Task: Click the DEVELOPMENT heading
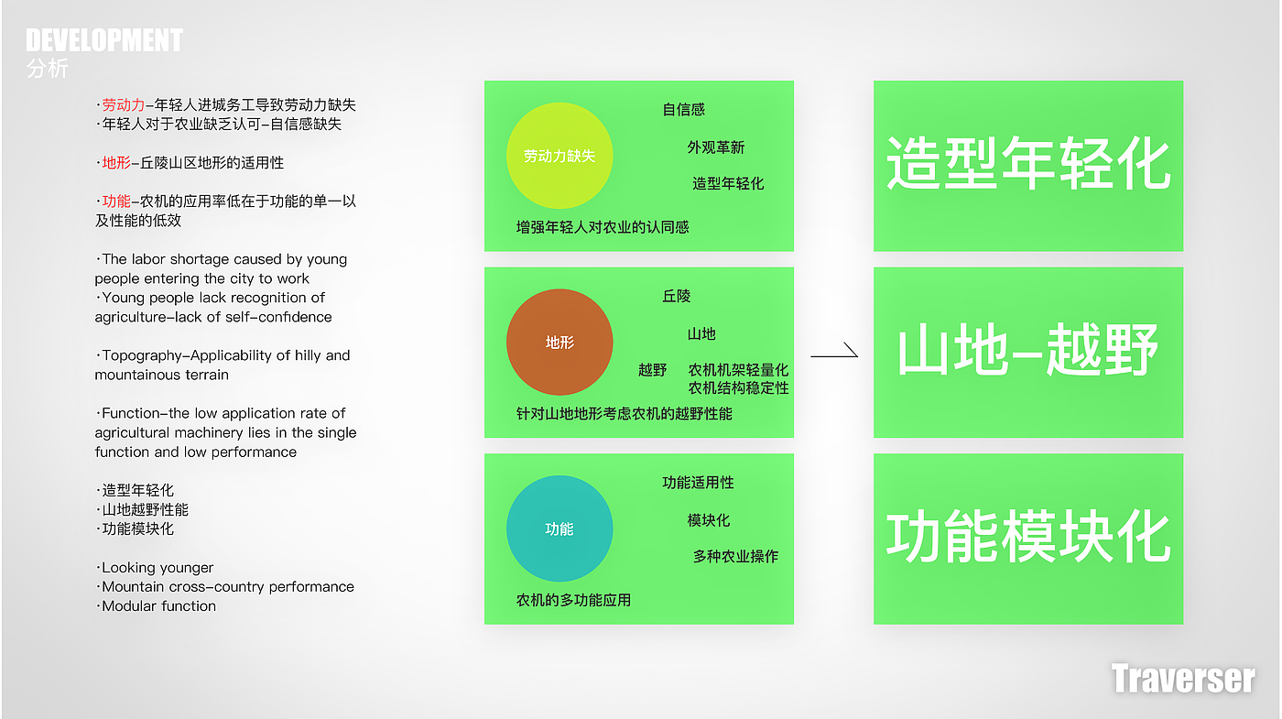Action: [x=104, y=40]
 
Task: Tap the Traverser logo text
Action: [x=1182, y=679]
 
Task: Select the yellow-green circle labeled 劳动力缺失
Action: [x=560, y=156]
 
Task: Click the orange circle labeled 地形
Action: [x=560, y=343]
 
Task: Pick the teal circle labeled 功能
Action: [x=560, y=528]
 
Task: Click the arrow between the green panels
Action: [x=834, y=352]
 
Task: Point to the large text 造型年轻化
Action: [x=1027, y=165]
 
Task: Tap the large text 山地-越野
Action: [x=1027, y=352]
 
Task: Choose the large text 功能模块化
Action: [x=1027, y=538]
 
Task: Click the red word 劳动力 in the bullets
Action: [x=124, y=105]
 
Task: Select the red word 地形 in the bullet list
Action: [x=116, y=163]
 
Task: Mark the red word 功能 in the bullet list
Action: [x=116, y=202]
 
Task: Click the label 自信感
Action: [x=684, y=110]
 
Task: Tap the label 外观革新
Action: [x=716, y=147]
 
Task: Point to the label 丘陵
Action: [x=677, y=297]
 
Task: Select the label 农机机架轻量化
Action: [x=738, y=370]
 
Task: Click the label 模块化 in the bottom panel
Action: [x=709, y=520]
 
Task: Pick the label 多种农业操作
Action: [x=735, y=557]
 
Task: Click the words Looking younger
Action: [x=158, y=568]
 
